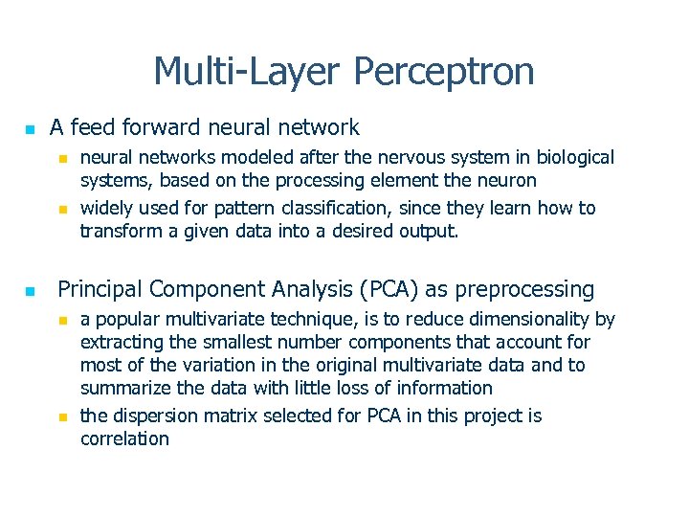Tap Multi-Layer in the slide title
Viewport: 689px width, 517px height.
click(248, 72)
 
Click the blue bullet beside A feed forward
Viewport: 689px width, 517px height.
click(30, 128)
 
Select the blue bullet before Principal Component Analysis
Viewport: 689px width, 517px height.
click(30, 291)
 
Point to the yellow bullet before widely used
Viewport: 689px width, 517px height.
click(62, 209)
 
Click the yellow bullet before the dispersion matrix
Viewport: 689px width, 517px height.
click(62, 416)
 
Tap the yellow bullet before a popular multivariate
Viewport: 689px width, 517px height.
click(62, 320)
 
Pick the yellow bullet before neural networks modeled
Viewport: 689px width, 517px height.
click(62, 158)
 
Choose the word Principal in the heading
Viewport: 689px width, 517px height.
click(100, 289)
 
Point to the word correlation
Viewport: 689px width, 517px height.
click(124, 438)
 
